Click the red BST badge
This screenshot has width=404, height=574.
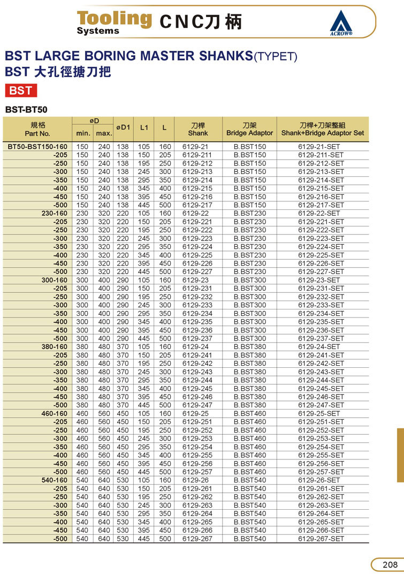click(21, 90)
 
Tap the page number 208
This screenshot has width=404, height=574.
click(389, 564)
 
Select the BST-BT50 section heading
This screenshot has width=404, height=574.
click(26, 110)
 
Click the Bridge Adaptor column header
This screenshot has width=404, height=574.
click(249, 129)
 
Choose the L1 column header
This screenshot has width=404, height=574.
click(144, 128)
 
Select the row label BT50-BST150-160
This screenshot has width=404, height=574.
click(37, 147)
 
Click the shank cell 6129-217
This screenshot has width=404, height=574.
click(197, 205)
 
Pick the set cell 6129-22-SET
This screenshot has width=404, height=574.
click(321, 214)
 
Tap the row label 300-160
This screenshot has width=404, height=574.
click(55, 280)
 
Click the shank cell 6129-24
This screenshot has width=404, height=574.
click(195, 346)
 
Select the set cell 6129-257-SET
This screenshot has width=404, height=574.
click(321, 472)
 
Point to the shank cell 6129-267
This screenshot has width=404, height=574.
click(197, 539)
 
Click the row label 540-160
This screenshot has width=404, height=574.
click(55, 480)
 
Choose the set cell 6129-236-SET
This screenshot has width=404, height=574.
click(321, 330)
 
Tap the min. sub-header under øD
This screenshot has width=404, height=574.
click(83, 133)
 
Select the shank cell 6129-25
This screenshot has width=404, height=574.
click(195, 413)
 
